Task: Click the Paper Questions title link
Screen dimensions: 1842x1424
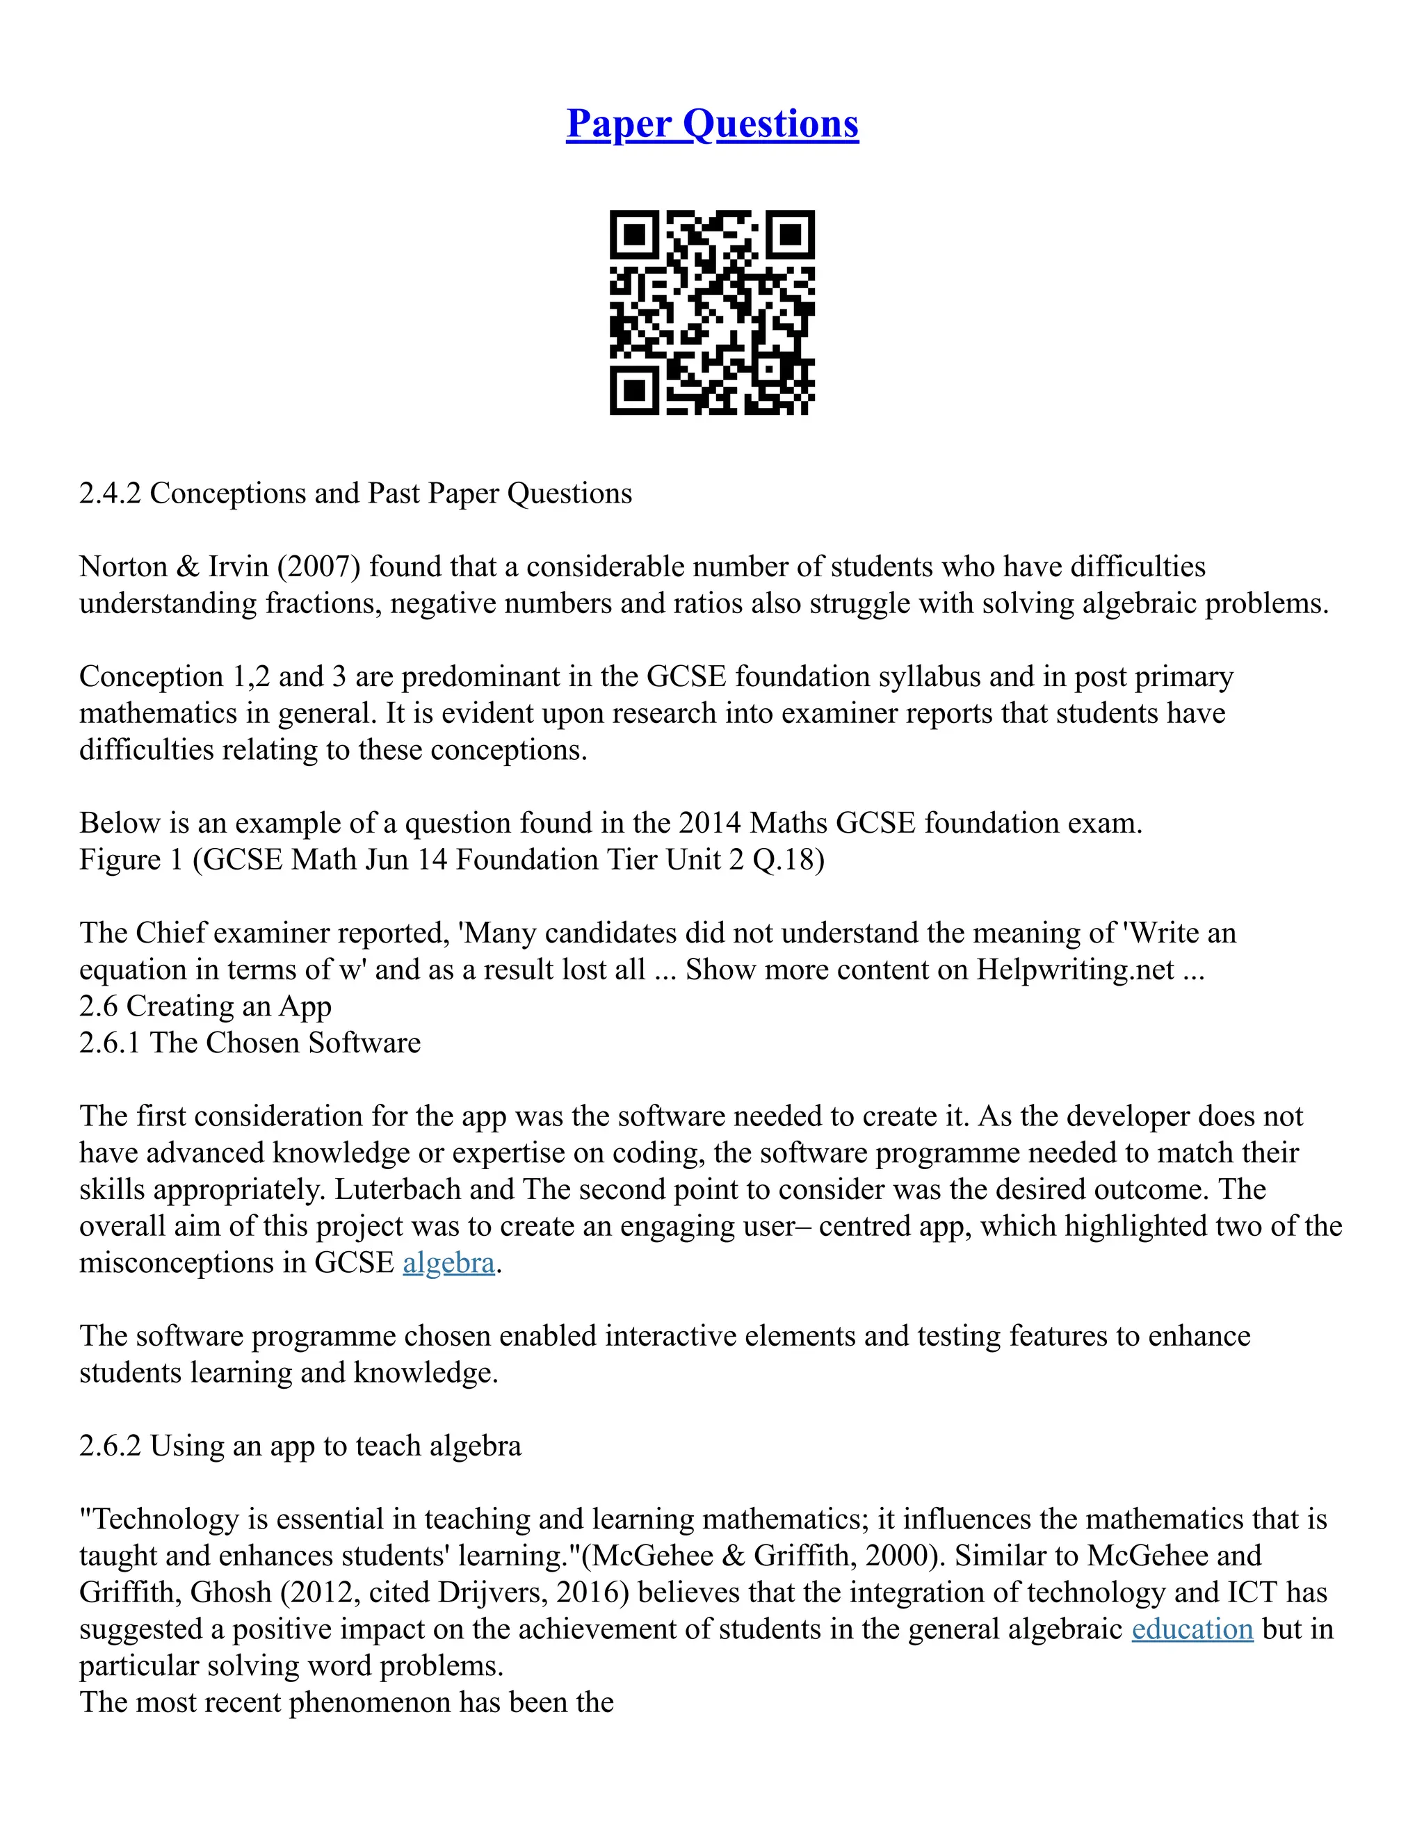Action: point(712,124)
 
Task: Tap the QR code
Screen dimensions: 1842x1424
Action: point(712,312)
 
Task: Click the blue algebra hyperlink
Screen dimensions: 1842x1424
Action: point(448,1262)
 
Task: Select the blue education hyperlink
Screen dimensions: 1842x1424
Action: point(1192,1629)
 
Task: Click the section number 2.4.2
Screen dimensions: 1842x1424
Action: point(110,494)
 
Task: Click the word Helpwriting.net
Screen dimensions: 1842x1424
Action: point(1076,970)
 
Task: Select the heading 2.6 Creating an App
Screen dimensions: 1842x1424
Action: point(205,1006)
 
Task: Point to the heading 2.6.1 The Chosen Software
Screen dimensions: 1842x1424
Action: point(250,1043)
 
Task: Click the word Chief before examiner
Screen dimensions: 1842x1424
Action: point(170,933)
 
